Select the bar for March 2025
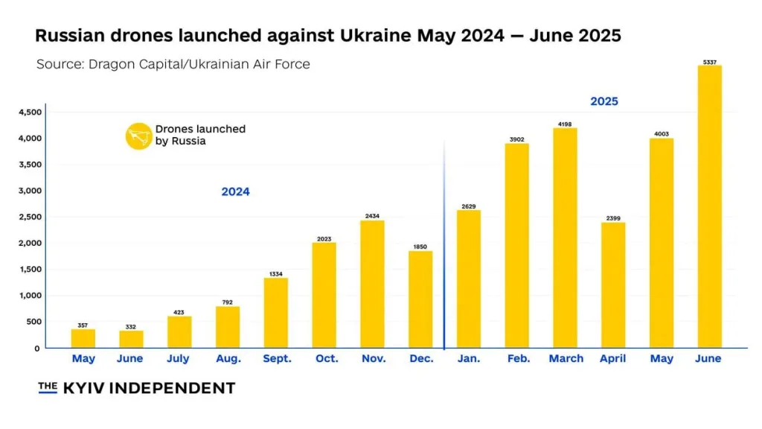pyautogui.click(x=565, y=238)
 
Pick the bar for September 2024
pyautogui.click(x=275, y=313)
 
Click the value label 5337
pyautogui.click(x=709, y=61)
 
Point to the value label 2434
pyautogui.click(x=372, y=216)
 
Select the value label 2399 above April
pyautogui.click(x=613, y=218)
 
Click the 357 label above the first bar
pyautogui.click(x=83, y=325)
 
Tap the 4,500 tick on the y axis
pyautogui.click(x=31, y=112)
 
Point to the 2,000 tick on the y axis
pyautogui.click(x=31, y=244)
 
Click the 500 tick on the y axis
pyautogui.click(x=33, y=322)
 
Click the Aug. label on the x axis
pyautogui.click(x=228, y=359)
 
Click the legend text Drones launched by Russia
pyautogui.click(x=199, y=135)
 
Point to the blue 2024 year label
pyautogui.click(x=235, y=192)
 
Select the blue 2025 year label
pyautogui.click(x=604, y=101)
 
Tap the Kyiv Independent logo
pyautogui.click(x=137, y=388)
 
